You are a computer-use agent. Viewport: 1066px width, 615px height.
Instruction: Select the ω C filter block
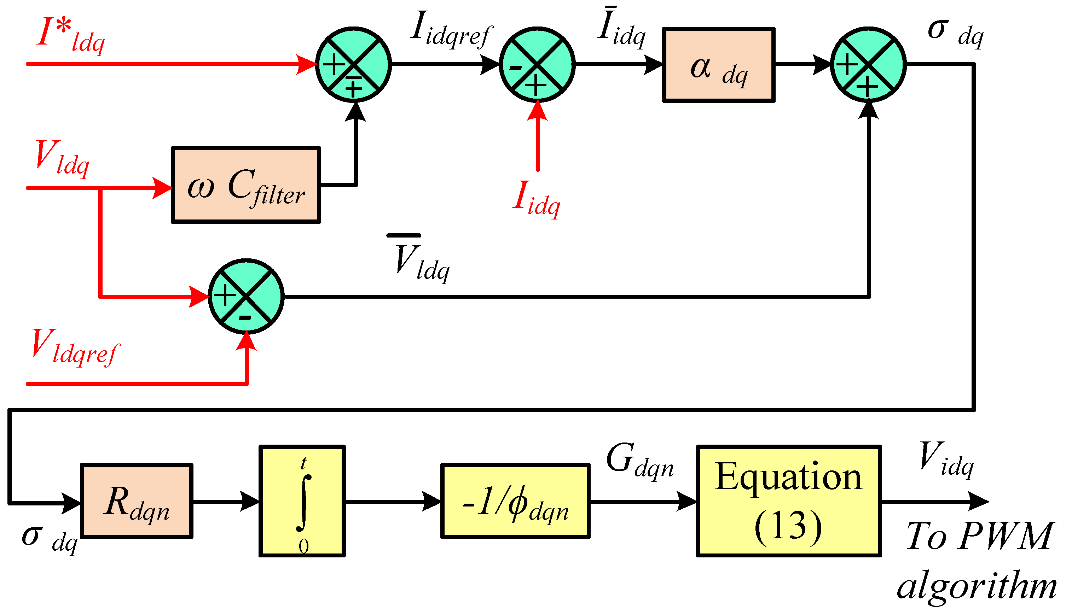click(x=245, y=184)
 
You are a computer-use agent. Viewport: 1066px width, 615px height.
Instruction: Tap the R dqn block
click(x=137, y=501)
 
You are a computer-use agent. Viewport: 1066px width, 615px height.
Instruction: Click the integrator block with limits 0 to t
click(x=302, y=501)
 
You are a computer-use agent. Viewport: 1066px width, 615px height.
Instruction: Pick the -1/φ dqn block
click(x=515, y=501)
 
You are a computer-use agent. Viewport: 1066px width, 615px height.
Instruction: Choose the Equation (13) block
click(x=788, y=501)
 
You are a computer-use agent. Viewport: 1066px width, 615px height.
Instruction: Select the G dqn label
click(x=639, y=461)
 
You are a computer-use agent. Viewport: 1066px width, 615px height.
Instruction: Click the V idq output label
click(x=946, y=458)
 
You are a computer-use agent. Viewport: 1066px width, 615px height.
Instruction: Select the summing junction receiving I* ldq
click(x=353, y=65)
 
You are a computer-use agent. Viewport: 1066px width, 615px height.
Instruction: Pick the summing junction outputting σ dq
click(x=868, y=65)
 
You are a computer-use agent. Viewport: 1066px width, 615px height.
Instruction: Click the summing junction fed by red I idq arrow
click(x=537, y=65)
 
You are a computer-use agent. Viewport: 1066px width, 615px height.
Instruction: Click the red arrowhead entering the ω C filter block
click(x=162, y=188)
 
